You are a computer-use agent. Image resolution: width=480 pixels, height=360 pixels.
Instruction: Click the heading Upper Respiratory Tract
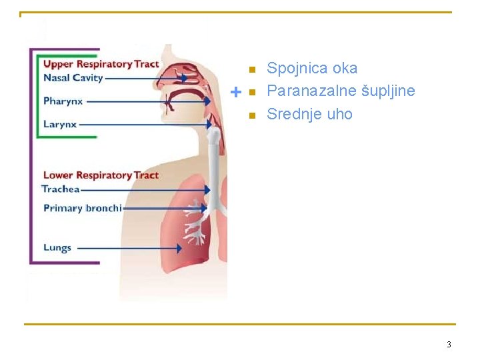coord(101,64)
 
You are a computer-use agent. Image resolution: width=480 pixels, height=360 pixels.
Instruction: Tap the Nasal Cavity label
coord(73,77)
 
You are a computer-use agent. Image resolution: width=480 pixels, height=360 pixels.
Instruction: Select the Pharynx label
coord(63,101)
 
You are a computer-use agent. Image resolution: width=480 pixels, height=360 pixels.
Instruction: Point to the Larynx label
coord(60,124)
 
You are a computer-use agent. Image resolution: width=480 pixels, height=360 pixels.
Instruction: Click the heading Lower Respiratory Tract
coord(101,175)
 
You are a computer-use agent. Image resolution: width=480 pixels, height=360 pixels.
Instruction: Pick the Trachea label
coord(61,189)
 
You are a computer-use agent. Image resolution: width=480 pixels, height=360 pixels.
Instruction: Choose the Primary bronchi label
coord(83,208)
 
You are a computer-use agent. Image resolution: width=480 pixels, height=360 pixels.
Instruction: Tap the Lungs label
coord(57,247)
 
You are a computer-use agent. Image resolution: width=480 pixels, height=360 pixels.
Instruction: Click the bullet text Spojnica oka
coord(312,68)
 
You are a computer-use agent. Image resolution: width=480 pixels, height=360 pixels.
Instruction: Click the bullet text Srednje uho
coord(309,114)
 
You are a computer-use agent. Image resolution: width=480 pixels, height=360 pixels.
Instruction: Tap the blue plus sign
coord(235,91)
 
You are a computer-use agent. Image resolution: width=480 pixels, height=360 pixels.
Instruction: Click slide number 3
coord(449,345)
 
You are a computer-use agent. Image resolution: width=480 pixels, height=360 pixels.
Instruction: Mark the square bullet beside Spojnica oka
coord(251,69)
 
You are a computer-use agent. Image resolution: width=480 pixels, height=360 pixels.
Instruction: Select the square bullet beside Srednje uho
coord(251,115)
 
